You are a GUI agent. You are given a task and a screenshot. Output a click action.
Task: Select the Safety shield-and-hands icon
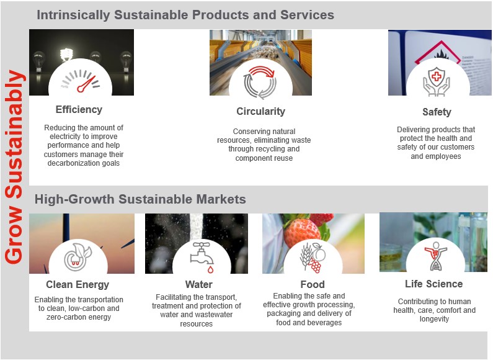pyautogui.click(x=437, y=82)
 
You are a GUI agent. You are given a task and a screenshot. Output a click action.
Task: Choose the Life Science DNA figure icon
pyautogui.click(x=433, y=256)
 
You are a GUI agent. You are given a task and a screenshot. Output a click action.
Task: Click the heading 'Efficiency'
pyautogui.click(x=79, y=110)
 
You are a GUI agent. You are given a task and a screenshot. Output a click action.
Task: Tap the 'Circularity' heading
pyautogui.click(x=260, y=112)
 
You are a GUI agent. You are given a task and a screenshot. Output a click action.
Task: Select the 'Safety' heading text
pyautogui.click(x=437, y=112)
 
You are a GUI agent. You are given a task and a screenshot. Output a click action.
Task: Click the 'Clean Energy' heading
pyautogui.click(x=78, y=285)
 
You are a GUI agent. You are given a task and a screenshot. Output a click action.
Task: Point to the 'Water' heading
pyautogui.click(x=198, y=285)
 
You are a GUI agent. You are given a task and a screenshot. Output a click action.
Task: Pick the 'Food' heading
pyautogui.click(x=312, y=285)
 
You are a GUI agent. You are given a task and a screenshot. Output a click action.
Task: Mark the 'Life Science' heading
pyautogui.click(x=433, y=284)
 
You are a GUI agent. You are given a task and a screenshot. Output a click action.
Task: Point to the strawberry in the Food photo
pyautogui.click(x=302, y=230)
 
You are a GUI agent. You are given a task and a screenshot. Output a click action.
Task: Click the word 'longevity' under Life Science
pyautogui.click(x=433, y=319)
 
